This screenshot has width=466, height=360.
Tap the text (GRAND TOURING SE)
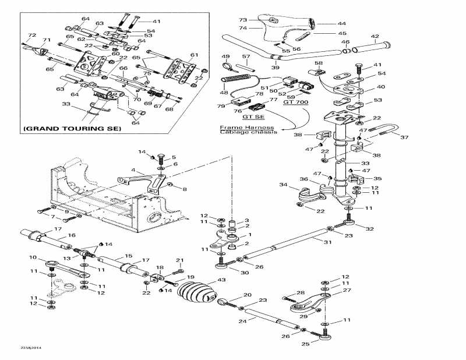(x=72, y=128)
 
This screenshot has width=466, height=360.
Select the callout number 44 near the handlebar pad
(x=342, y=24)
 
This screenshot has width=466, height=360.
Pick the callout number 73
(x=243, y=20)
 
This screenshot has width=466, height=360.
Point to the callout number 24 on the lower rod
(x=239, y=320)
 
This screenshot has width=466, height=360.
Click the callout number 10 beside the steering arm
(x=33, y=257)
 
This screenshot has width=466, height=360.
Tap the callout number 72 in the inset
(x=31, y=36)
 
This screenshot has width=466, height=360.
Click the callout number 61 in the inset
(x=195, y=55)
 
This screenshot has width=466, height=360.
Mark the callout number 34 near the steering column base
(x=284, y=185)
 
